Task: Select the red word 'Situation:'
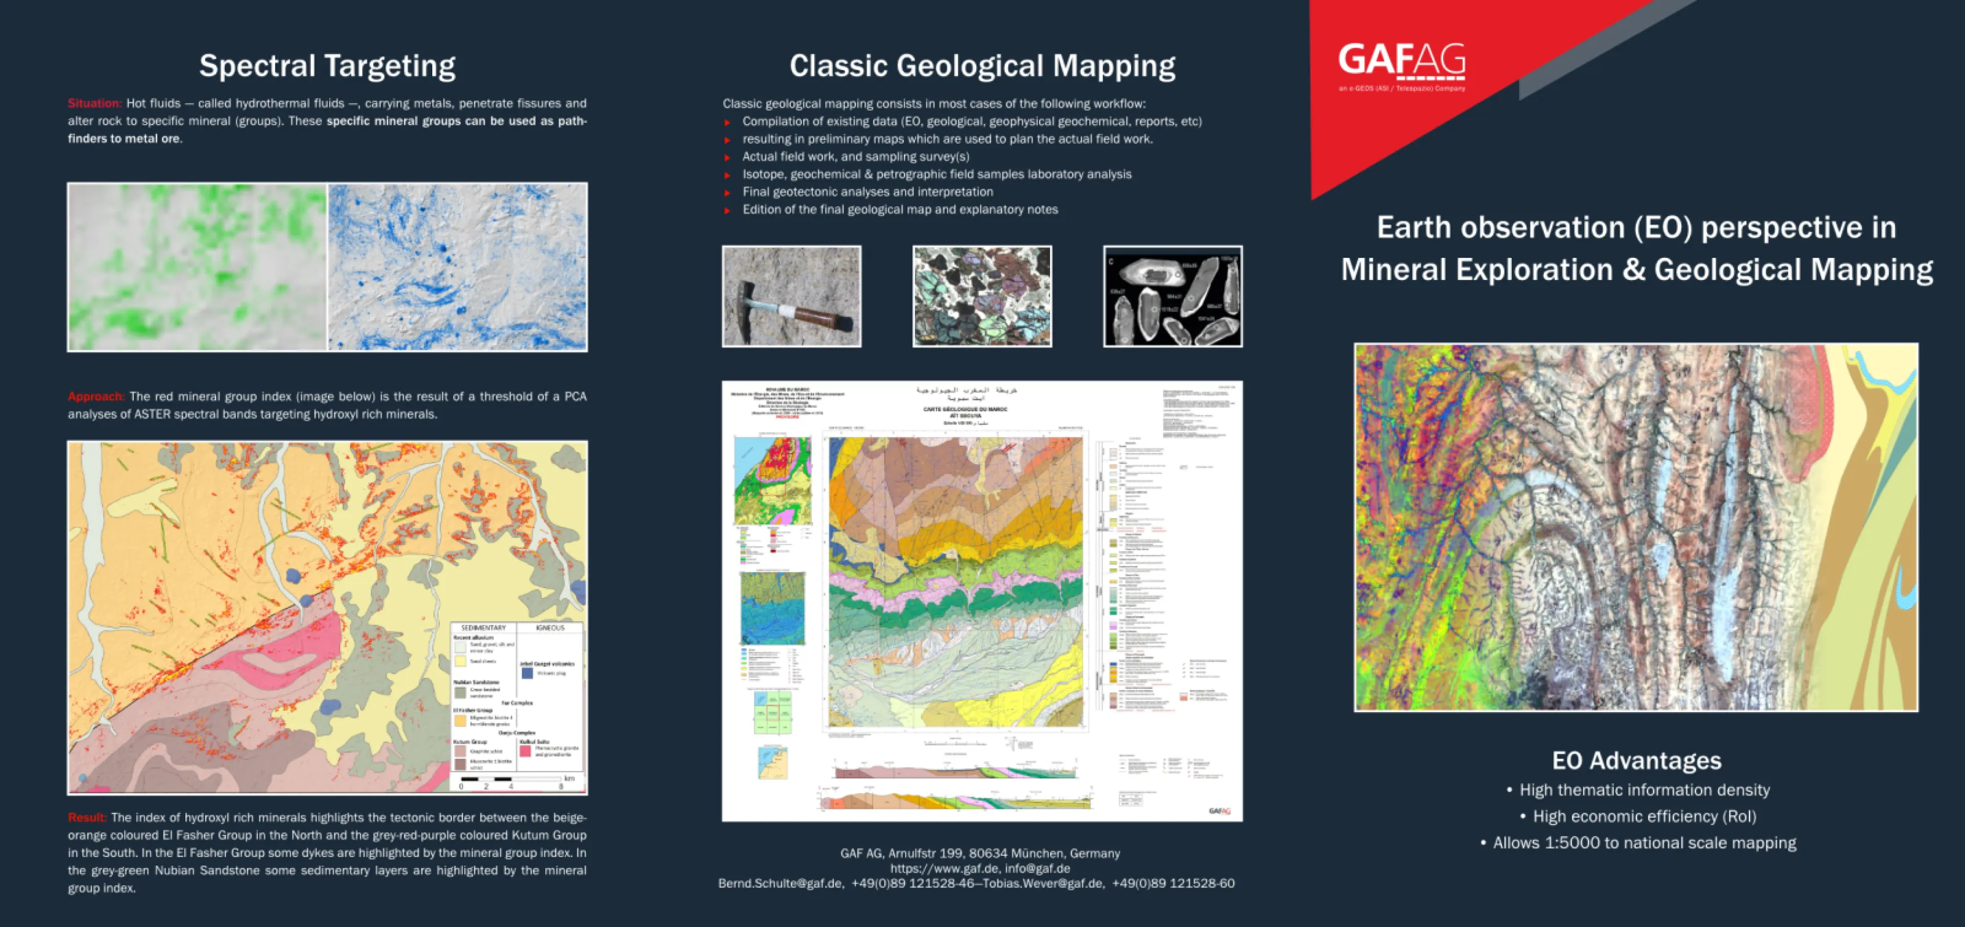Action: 94,104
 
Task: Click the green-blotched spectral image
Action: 198,267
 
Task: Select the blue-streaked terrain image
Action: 458,267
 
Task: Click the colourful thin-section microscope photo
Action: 982,296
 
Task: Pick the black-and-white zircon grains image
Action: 1172,296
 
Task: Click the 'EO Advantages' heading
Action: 1636,761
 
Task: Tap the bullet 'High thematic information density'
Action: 1644,790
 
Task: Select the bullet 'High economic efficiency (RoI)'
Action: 1644,816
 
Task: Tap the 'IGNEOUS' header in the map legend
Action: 550,628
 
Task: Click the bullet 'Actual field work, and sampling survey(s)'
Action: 855,156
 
